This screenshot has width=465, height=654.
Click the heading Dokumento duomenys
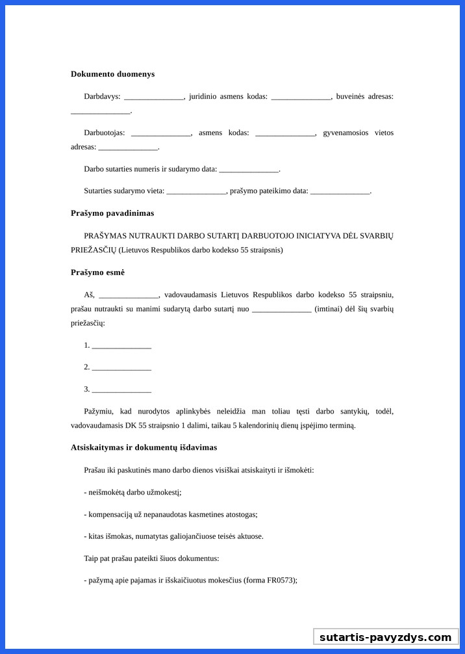tap(112, 74)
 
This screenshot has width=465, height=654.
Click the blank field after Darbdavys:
tap(154, 97)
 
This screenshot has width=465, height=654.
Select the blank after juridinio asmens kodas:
tap(301, 97)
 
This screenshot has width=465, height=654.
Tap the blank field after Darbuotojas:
tap(161, 133)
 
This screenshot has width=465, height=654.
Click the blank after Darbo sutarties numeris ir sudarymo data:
tap(249, 170)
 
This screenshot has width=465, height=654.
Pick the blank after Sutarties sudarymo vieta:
tap(196, 191)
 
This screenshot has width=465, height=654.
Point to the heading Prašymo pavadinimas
tap(112, 213)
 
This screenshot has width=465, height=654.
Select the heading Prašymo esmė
tap(97, 272)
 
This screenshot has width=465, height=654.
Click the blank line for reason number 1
tap(121, 346)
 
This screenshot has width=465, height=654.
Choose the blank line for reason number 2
tap(121, 367)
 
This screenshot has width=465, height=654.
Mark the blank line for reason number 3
tap(121, 389)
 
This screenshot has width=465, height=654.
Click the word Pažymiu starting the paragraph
tap(99, 412)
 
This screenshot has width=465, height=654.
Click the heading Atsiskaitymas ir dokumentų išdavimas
tap(144, 448)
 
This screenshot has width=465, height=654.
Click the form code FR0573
tap(281, 581)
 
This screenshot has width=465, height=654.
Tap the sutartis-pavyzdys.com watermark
tap(385, 637)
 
